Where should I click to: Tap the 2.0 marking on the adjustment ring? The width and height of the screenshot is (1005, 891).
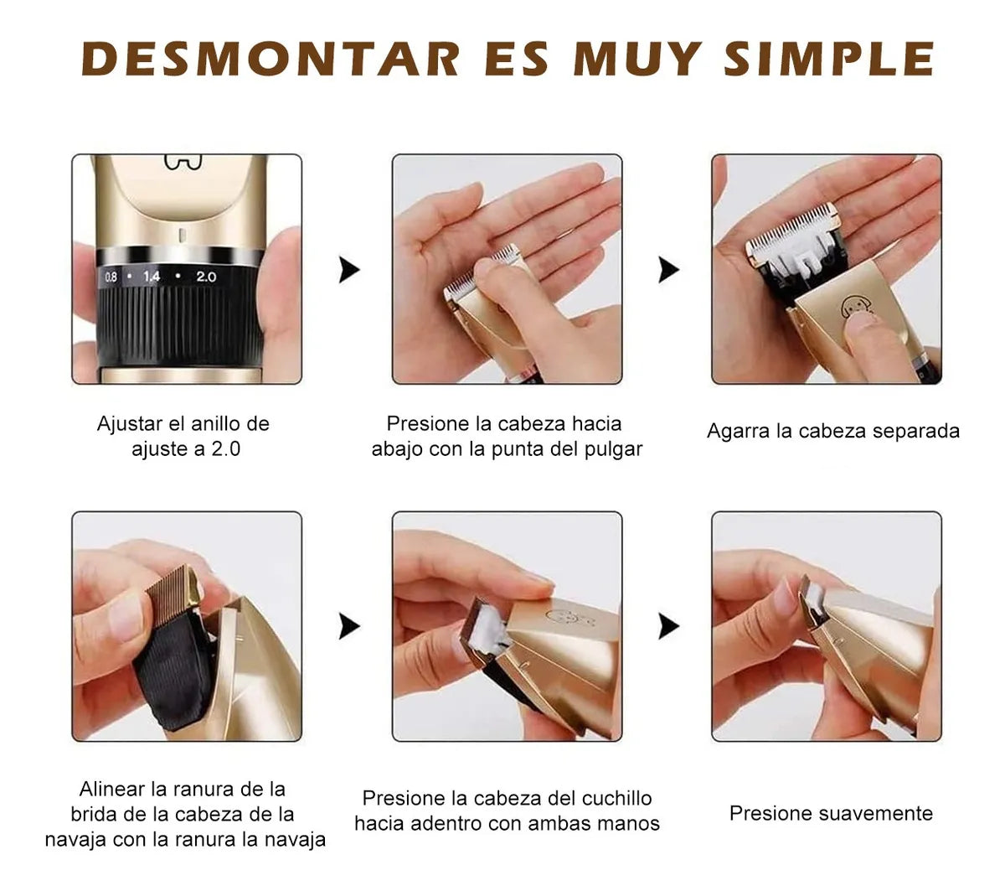206,276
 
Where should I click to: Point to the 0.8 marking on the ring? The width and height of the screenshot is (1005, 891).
111,276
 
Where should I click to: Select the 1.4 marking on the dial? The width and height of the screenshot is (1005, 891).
152,276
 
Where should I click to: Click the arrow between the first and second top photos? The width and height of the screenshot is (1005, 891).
348,270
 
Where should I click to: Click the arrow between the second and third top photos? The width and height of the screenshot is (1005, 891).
668,270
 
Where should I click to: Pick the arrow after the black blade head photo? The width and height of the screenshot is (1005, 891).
348,626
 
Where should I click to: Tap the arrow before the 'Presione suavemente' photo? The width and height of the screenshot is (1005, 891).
668,626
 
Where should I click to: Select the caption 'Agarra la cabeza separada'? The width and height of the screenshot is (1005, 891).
832,431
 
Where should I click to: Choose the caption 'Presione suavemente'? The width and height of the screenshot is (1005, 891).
831,813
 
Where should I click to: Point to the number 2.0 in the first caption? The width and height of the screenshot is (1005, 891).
225,449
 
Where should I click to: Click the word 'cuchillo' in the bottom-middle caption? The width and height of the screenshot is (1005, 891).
616,798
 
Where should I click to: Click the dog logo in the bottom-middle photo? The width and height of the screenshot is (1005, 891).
561,618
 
